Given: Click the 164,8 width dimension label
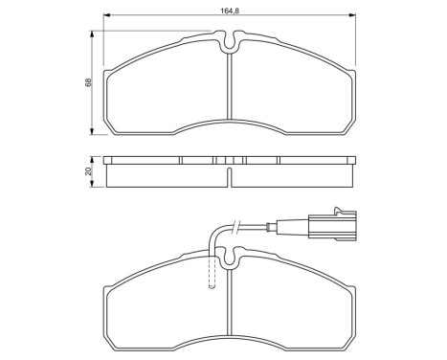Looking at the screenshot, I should tap(229, 9).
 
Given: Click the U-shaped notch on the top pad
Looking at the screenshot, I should tap(229, 41).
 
